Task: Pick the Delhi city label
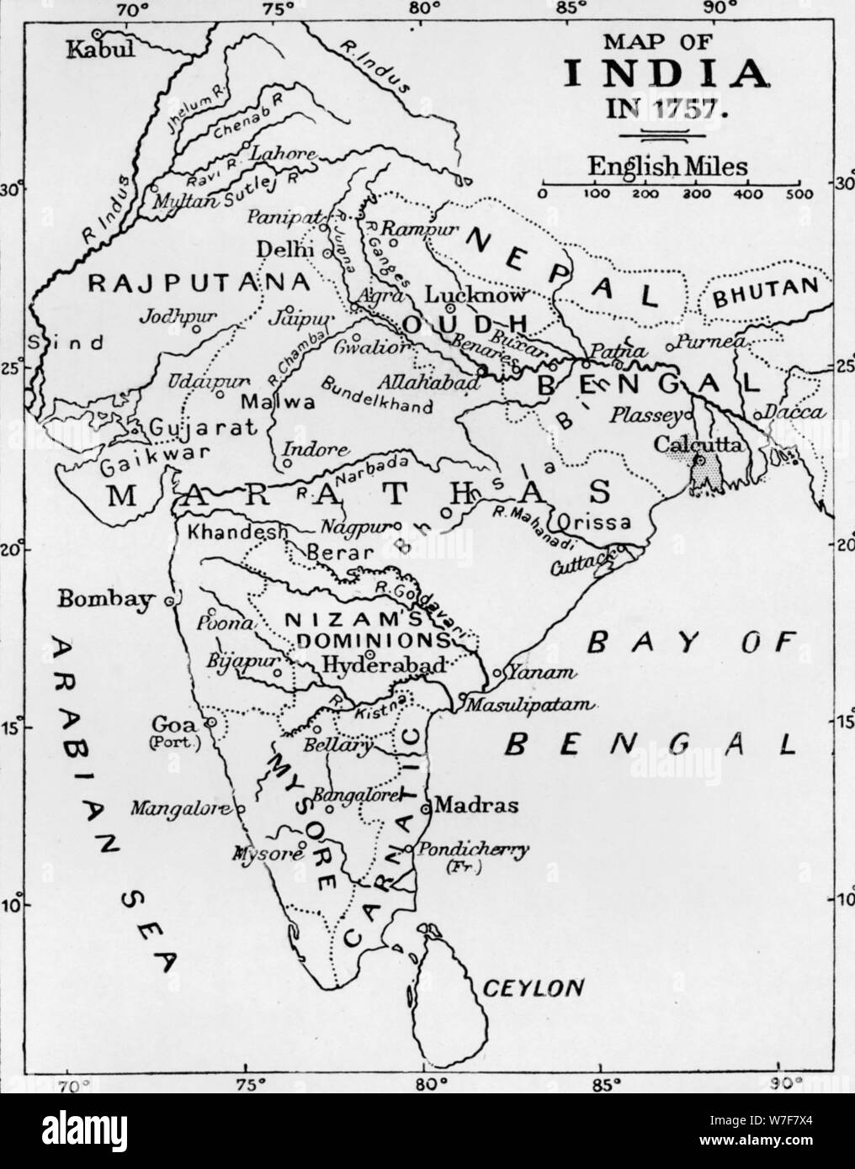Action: pos(273,250)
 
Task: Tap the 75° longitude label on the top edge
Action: pos(276,10)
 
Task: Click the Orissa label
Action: pos(600,521)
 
